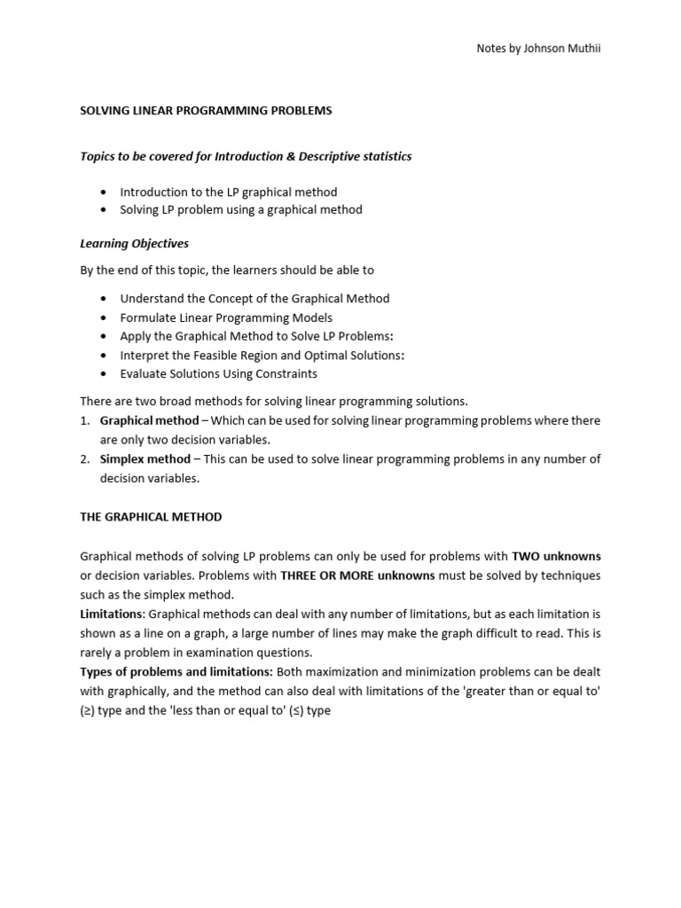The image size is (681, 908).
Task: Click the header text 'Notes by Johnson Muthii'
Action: (x=539, y=48)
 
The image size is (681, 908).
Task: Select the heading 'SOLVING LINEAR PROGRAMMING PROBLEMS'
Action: (x=206, y=111)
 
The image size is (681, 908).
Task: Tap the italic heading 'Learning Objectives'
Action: (x=134, y=243)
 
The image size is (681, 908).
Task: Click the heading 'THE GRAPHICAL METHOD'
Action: (x=151, y=516)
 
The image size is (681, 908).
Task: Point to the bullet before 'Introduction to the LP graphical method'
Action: (x=104, y=192)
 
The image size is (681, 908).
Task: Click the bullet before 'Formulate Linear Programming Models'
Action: (x=104, y=317)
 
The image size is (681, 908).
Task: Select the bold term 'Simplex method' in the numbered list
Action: (x=145, y=458)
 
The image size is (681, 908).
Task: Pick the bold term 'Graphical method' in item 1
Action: (x=149, y=420)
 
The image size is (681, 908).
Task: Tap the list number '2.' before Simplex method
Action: (x=85, y=458)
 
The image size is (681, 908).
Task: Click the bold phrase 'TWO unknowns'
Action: (x=556, y=556)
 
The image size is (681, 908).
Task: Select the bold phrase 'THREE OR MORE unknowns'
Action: (x=357, y=575)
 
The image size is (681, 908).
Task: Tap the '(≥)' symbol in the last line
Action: (x=88, y=710)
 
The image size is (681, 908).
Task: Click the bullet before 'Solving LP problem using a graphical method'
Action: (x=104, y=210)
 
